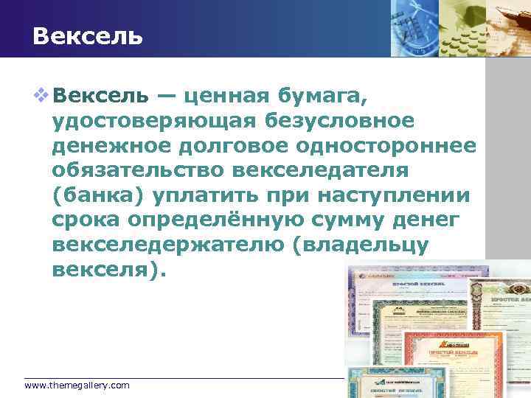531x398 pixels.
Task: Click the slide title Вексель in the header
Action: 88,35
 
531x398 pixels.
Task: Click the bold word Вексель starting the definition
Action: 103,95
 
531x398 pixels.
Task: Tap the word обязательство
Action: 138,170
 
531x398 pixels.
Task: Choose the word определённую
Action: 240,220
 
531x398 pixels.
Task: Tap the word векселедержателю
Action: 169,245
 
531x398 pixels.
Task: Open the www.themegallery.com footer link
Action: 77,385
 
